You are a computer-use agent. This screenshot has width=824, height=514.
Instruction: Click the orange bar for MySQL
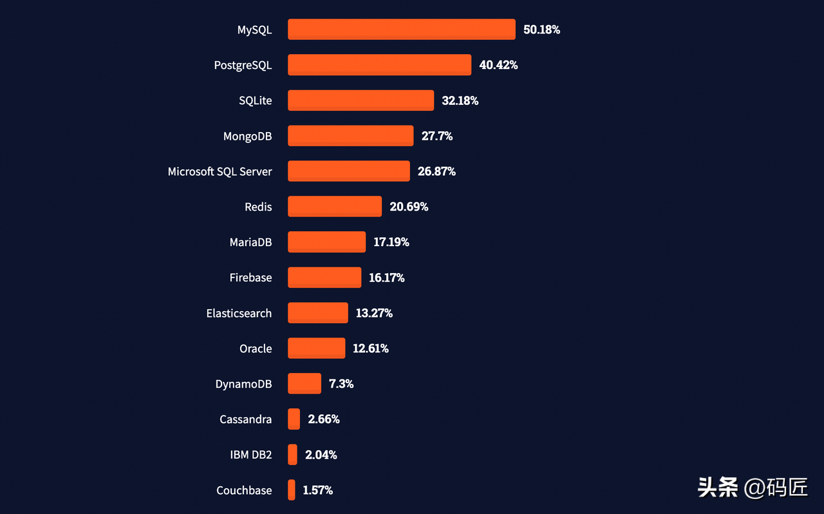[401, 30]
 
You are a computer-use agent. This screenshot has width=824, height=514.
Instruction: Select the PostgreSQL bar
[379, 65]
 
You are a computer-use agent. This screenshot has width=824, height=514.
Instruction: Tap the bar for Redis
[334, 207]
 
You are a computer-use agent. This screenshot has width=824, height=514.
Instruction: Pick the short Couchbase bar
[292, 490]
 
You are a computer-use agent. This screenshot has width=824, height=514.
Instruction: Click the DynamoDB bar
[304, 384]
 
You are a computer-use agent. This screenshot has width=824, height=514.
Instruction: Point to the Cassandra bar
[294, 419]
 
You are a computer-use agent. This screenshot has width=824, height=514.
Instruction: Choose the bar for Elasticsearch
[317, 313]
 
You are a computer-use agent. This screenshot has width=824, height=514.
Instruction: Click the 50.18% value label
[541, 30]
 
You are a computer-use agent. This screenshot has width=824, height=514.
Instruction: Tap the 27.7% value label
[436, 136]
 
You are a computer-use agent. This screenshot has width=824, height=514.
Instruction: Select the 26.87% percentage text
[436, 171]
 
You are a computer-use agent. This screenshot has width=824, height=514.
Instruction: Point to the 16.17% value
[386, 278]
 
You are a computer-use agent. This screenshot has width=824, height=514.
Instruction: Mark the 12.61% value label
[370, 348]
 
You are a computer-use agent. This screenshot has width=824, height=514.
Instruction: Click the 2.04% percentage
[321, 455]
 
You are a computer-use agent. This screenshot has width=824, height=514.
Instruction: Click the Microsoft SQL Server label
[220, 171]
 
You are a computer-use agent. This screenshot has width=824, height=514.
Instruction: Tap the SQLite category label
[255, 100]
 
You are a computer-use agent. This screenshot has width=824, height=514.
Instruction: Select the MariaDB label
[250, 242]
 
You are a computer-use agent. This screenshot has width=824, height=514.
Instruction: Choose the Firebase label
[250, 278]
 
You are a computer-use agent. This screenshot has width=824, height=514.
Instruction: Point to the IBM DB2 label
[250, 455]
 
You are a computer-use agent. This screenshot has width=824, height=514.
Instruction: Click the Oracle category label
[256, 348]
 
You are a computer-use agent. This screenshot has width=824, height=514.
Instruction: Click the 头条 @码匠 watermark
[753, 487]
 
